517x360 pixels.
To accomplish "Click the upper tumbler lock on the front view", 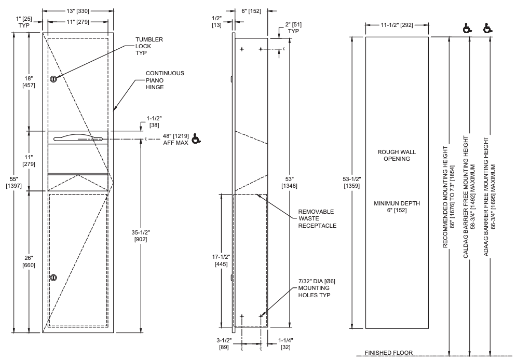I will click(x=53, y=78).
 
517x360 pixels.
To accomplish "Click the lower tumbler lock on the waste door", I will click(x=53, y=278).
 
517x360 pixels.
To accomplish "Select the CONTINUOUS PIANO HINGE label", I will click(x=165, y=80).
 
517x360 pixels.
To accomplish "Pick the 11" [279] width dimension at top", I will click(x=78, y=22).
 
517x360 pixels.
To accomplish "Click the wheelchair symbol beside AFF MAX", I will click(x=196, y=139).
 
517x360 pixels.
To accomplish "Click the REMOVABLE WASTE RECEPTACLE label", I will click(x=317, y=218).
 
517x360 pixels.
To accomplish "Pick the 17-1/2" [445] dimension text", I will click(x=221, y=260).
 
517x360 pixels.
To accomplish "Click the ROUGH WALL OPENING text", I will click(x=397, y=155).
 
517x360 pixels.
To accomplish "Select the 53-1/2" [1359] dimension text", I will click(x=353, y=182).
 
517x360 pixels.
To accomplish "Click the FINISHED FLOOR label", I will click(x=388, y=353).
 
